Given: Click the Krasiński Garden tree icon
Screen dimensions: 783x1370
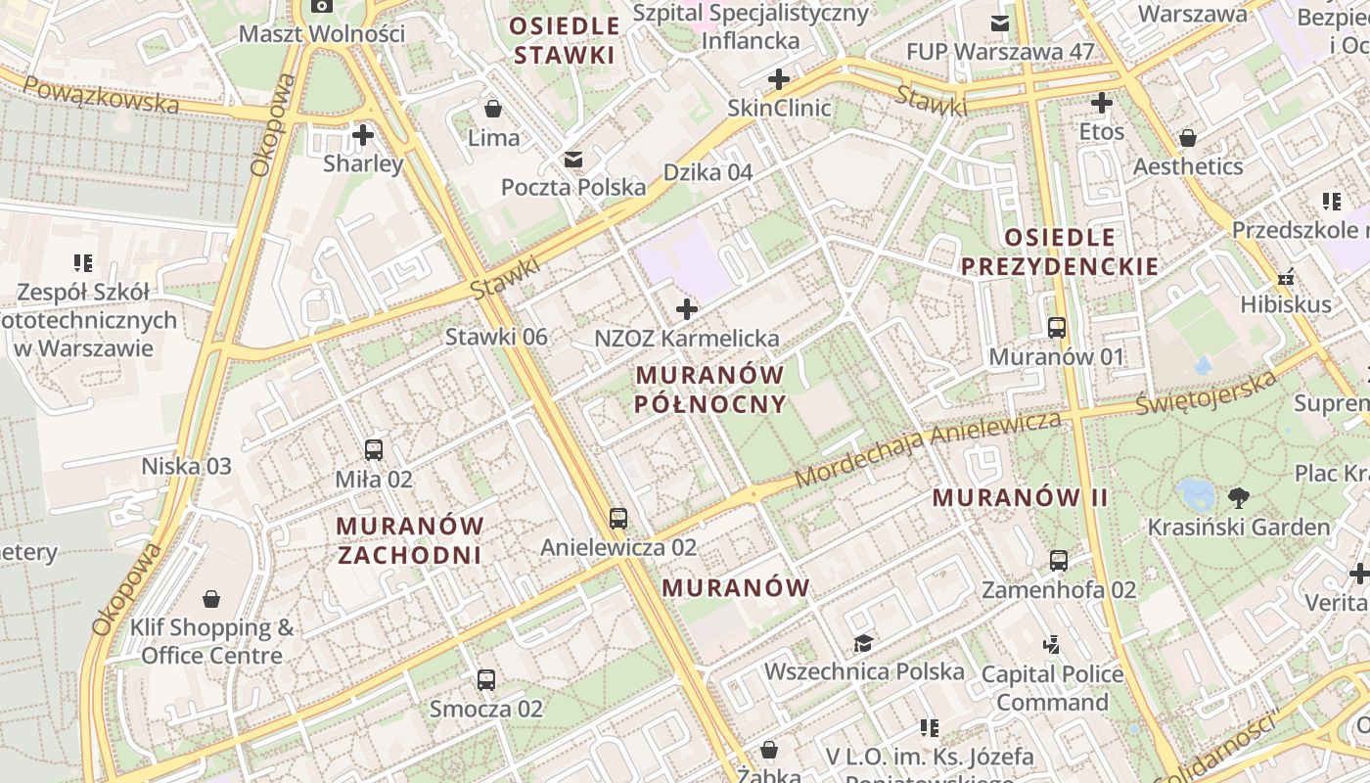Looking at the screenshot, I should point(1239,498).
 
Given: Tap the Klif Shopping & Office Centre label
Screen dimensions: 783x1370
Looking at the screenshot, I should point(211,641).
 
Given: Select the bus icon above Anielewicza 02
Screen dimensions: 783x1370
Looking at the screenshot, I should point(617,518).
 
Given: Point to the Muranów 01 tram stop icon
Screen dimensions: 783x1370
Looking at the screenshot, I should point(1057,327).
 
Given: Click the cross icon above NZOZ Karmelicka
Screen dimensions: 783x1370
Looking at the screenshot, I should point(687,310).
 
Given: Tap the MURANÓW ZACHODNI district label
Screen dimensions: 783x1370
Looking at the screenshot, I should point(409,540).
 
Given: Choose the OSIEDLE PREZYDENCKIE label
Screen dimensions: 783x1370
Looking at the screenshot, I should point(1060,252).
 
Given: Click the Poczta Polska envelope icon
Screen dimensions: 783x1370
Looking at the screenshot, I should point(572,159).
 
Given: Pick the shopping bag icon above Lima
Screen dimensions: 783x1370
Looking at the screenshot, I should point(493,108).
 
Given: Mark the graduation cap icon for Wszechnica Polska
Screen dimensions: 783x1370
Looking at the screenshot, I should point(863,643).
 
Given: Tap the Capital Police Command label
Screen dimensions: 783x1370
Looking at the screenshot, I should point(1052,688).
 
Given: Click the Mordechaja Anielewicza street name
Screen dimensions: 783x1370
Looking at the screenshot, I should point(927,449).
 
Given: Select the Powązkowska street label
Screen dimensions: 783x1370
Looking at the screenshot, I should point(100,95).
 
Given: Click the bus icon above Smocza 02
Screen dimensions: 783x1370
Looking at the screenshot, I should point(486,679).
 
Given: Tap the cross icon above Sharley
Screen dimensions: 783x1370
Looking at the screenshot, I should point(363,134).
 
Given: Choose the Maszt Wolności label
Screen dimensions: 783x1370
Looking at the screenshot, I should point(322,34).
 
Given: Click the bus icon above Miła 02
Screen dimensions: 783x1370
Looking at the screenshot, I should point(373,450).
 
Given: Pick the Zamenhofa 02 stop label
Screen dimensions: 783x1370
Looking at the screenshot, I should point(1059,590).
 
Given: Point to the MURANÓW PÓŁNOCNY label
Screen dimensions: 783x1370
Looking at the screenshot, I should point(709,389).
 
